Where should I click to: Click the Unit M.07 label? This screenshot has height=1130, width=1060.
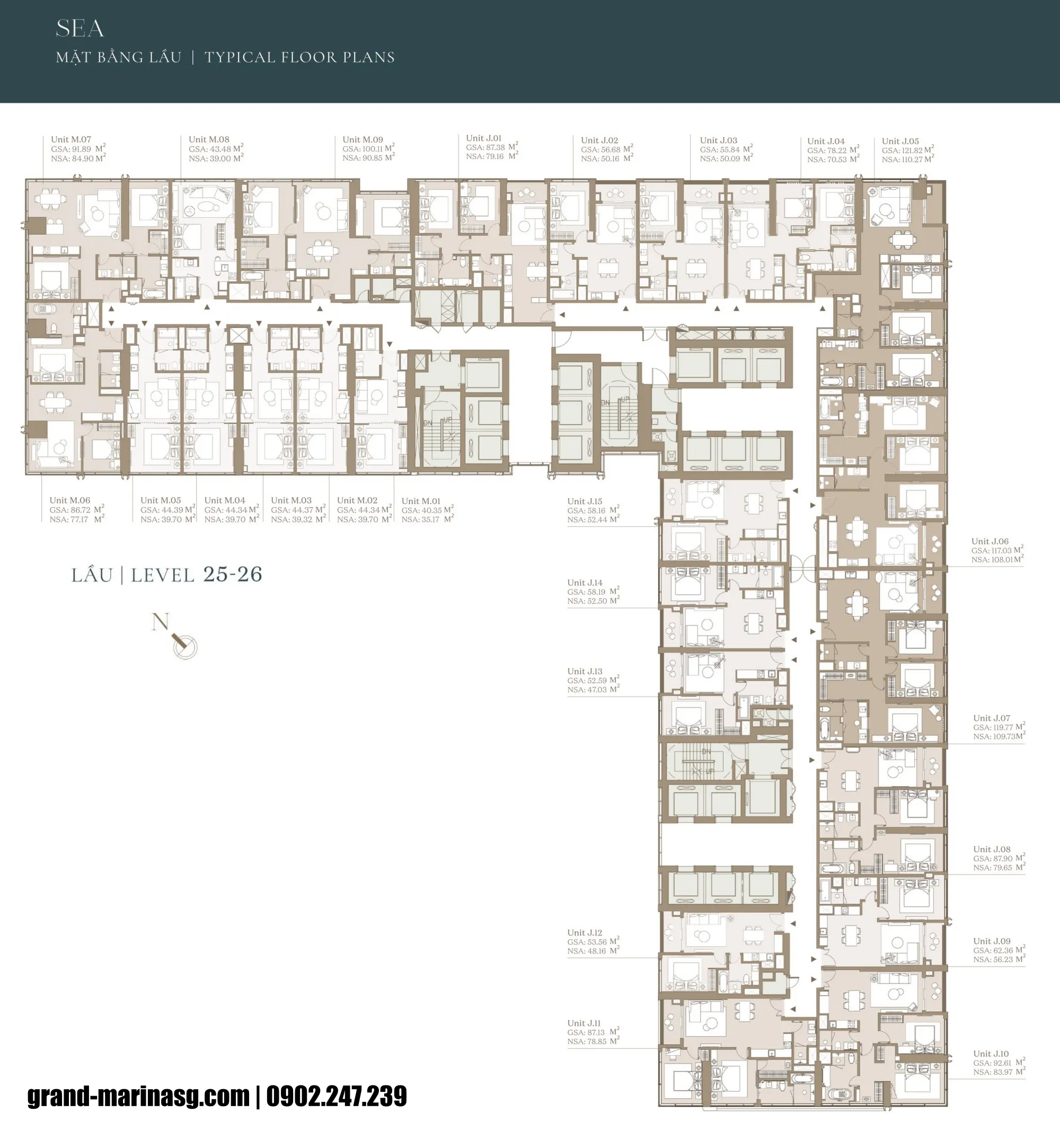pos(70,139)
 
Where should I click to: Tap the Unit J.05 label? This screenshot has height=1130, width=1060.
pos(900,141)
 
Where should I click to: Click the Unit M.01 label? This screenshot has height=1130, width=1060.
pos(421,501)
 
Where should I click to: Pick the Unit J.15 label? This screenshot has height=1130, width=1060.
pos(584,501)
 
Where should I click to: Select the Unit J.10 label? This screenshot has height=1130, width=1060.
pos(991,1053)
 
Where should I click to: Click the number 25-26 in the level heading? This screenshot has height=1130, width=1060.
pos(233,574)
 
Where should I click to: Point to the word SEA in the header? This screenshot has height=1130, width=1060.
pos(79,29)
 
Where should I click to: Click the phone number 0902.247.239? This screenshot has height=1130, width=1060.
pos(337,1096)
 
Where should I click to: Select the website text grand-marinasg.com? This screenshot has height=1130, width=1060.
pos(138,1096)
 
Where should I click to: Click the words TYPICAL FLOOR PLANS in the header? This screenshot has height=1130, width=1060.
pos(299,57)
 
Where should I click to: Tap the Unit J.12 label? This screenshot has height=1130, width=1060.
pos(584,932)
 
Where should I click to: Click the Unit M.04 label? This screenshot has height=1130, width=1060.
pos(225,500)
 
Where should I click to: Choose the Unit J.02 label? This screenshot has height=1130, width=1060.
pos(599,140)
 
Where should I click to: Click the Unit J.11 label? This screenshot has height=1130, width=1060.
pos(584,1022)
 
